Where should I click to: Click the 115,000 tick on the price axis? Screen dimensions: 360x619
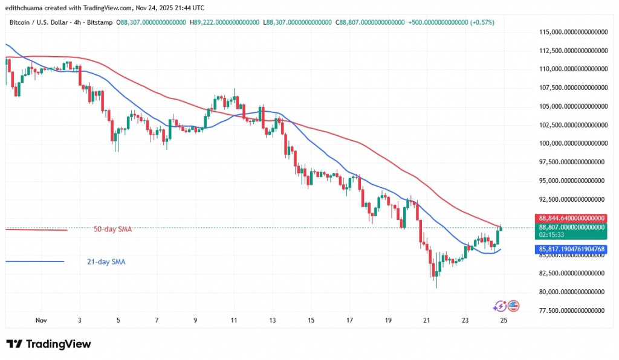571,31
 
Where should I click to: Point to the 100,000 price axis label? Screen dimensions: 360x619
571,143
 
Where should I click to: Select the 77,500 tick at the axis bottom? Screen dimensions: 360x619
571,310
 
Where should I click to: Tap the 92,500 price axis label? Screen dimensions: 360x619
571,199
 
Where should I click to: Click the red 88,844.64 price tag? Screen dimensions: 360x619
571,218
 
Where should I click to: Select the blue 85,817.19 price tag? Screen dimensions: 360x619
571,248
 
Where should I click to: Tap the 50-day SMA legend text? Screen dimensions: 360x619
112,230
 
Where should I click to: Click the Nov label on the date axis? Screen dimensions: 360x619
41,321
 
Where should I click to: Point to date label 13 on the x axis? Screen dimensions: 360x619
273,321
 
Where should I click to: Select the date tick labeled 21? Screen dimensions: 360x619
427,321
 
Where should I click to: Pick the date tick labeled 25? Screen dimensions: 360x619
503,321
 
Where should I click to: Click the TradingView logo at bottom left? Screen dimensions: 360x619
48,344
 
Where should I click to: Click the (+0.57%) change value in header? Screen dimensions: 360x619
481,22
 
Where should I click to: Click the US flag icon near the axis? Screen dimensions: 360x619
513,306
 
